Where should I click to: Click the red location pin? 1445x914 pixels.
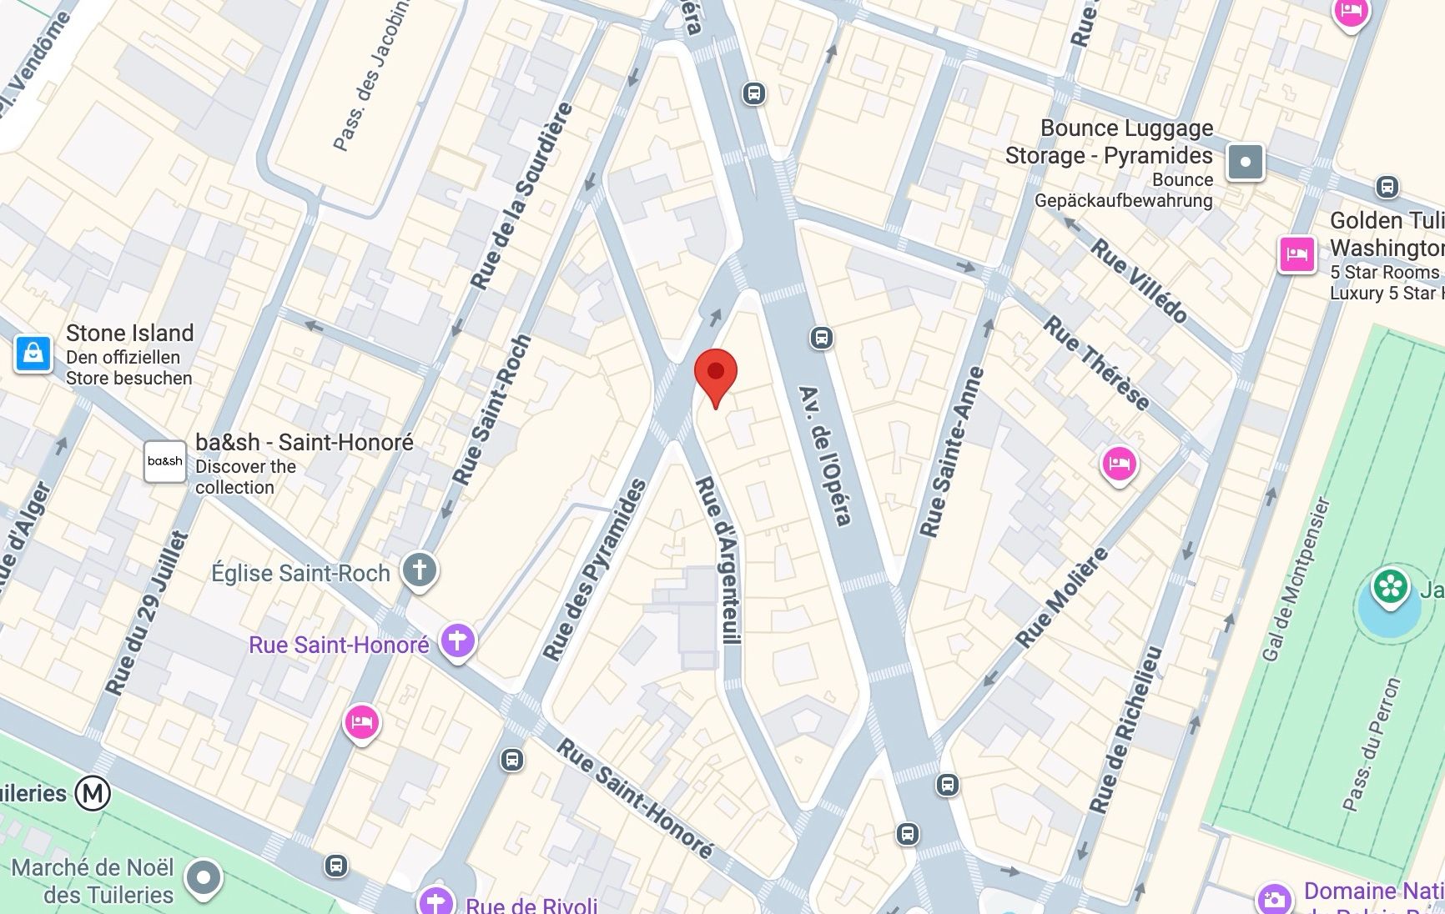click(716, 373)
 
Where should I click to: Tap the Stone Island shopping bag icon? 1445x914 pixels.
click(33, 354)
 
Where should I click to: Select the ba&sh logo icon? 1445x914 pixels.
click(165, 461)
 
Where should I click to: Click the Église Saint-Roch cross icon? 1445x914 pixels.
click(419, 570)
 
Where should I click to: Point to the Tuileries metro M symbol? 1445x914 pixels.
click(93, 793)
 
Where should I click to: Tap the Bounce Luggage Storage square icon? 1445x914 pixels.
click(1245, 162)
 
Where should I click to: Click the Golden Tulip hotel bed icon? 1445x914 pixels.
click(1296, 254)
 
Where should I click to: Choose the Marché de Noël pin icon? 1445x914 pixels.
click(203, 877)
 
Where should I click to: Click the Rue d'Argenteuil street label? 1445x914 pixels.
click(720, 560)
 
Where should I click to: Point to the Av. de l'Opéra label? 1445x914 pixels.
click(825, 455)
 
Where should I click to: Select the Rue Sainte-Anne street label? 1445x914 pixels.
click(952, 451)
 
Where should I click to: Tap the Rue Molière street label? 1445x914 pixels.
click(1062, 597)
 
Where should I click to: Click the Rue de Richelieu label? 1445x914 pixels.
click(1125, 729)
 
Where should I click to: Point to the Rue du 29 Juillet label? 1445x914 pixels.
click(145, 613)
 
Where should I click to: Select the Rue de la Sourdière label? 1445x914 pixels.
click(522, 196)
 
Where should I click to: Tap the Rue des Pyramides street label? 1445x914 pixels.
click(594, 570)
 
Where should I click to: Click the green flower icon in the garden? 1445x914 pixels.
click(1389, 586)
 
